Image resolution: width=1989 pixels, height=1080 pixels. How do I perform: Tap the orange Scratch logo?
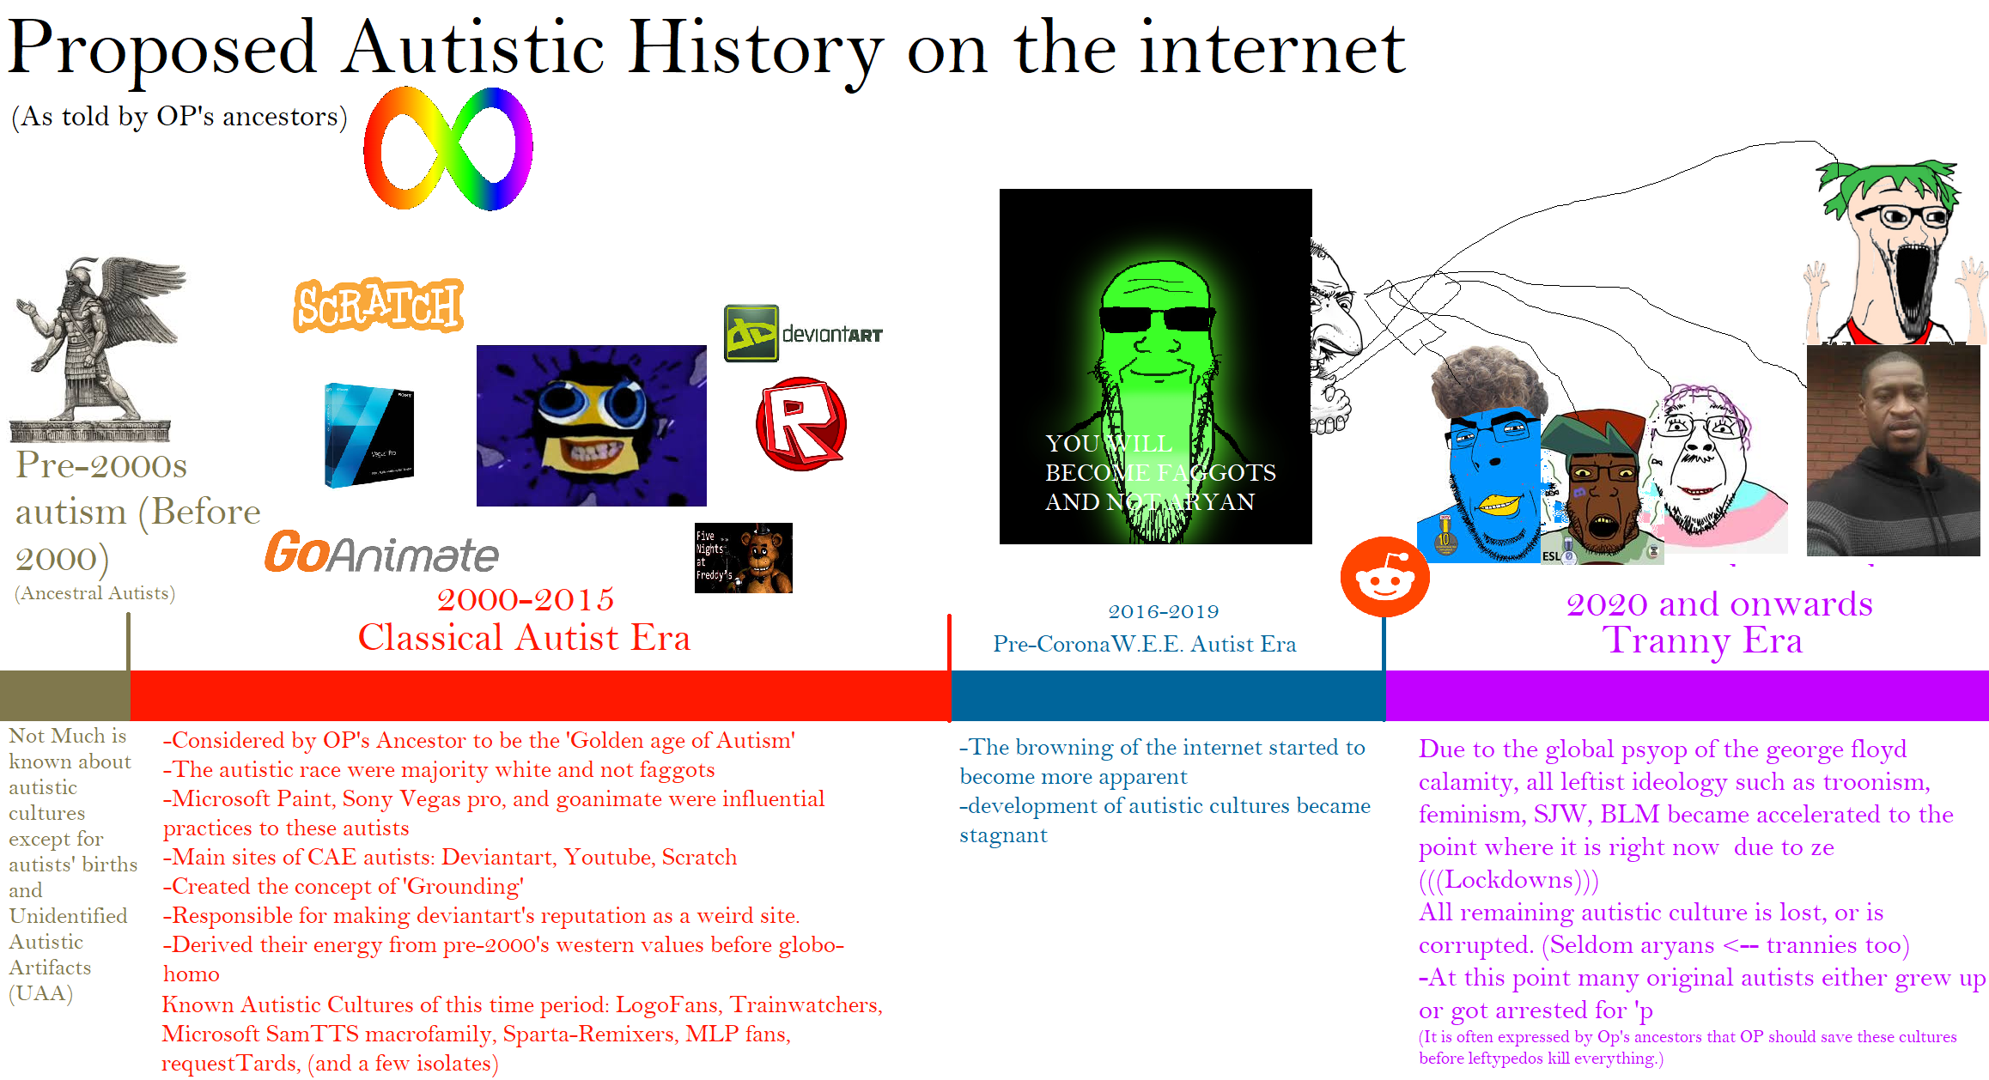click(x=379, y=306)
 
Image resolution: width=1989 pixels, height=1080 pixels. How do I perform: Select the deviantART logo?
click(x=803, y=333)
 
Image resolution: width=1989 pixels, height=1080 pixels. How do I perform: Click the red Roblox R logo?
click(x=801, y=424)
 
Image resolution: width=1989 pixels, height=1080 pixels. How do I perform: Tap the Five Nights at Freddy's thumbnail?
click(x=744, y=558)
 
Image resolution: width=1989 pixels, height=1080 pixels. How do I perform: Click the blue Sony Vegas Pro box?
click(x=369, y=435)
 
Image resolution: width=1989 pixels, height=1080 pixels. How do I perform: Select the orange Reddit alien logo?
click(x=1384, y=577)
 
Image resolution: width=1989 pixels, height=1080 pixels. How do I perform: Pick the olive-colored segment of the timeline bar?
click(x=65, y=695)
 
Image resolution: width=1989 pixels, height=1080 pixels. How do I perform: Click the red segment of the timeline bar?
click(x=540, y=695)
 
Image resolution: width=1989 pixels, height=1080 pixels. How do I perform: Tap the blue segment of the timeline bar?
click(x=1168, y=695)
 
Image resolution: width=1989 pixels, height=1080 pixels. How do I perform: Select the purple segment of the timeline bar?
click(x=1687, y=695)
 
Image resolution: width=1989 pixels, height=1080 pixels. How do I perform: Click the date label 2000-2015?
click(x=526, y=599)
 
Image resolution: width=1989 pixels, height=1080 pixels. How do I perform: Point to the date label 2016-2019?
click(x=1164, y=611)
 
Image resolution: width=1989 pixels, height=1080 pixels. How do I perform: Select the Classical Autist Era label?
click(x=524, y=638)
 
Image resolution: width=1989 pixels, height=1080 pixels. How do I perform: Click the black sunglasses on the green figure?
click(x=1157, y=319)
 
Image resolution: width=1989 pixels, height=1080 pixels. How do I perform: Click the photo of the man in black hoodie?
click(x=1893, y=451)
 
